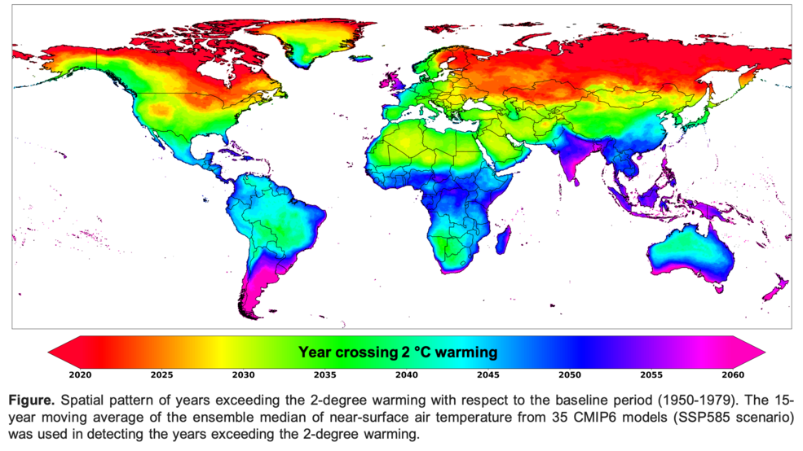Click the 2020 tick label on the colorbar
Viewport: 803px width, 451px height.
point(80,375)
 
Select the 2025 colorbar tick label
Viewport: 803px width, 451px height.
point(161,375)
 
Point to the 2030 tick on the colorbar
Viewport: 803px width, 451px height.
point(243,375)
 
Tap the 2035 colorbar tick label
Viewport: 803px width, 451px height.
point(324,375)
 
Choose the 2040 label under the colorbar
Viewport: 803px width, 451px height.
point(406,375)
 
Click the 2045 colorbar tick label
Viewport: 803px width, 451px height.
point(488,375)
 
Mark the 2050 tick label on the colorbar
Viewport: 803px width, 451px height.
point(569,375)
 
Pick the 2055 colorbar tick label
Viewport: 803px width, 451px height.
point(651,375)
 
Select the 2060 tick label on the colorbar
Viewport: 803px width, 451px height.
point(732,375)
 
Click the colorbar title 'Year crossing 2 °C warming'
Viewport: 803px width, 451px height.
point(397,352)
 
